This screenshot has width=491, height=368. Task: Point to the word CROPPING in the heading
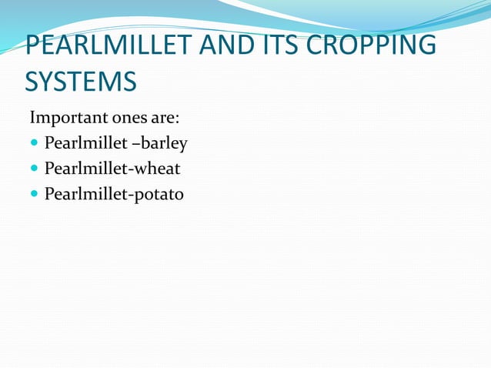(371, 45)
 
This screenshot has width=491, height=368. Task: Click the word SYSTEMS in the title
(81, 81)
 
